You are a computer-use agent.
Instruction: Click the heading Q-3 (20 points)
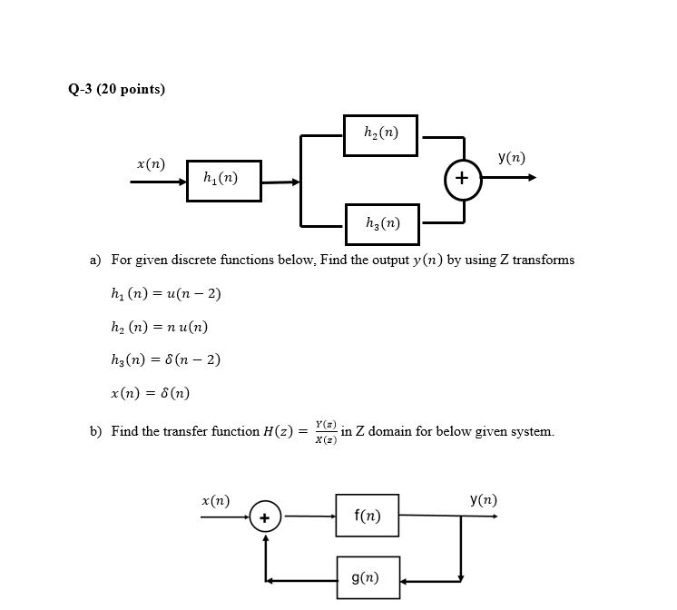coord(116,89)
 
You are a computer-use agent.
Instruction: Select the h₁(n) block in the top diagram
coord(223,181)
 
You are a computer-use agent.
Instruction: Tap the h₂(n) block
coord(380,135)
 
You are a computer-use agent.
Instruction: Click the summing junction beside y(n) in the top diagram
coord(462,179)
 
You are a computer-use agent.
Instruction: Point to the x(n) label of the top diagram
coord(151,163)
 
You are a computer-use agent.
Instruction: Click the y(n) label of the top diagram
coord(511,157)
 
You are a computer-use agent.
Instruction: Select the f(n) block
coord(367,517)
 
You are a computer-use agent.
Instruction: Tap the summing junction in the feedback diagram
coord(265,517)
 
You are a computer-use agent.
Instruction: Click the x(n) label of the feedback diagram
coord(215,500)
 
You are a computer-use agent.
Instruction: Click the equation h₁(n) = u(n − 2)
coord(163,293)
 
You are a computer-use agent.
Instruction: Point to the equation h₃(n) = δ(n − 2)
coord(163,359)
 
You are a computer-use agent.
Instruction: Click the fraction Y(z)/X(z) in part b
coord(326,431)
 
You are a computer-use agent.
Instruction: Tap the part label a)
coord(95,260)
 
